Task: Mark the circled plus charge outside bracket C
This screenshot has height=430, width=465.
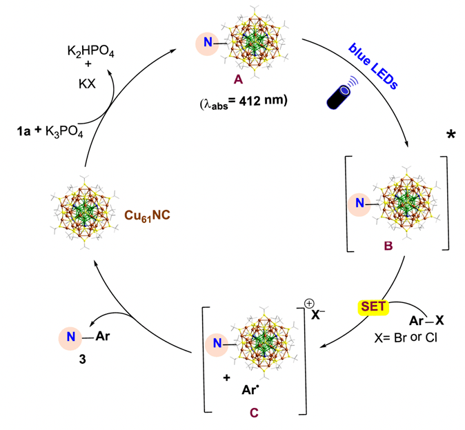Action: [x=310, y=302]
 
